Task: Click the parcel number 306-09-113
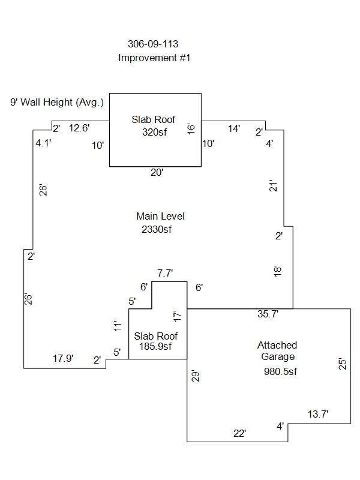coord(154,44)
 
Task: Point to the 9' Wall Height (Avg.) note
coord(57,103)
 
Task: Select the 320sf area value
coord(154,132)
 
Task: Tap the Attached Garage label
coord(277,350)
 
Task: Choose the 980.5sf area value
coord(280,371)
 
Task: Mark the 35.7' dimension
coord(267,313)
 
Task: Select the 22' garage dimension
coord(240,433)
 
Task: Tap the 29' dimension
coord(194,376)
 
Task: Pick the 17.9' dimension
coord(63,359)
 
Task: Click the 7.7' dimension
coord(165,273)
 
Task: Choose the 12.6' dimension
coord(79,127)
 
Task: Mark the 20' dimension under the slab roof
coord(157,172)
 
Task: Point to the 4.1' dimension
coord(43,143)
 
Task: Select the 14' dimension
coord(234,128)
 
